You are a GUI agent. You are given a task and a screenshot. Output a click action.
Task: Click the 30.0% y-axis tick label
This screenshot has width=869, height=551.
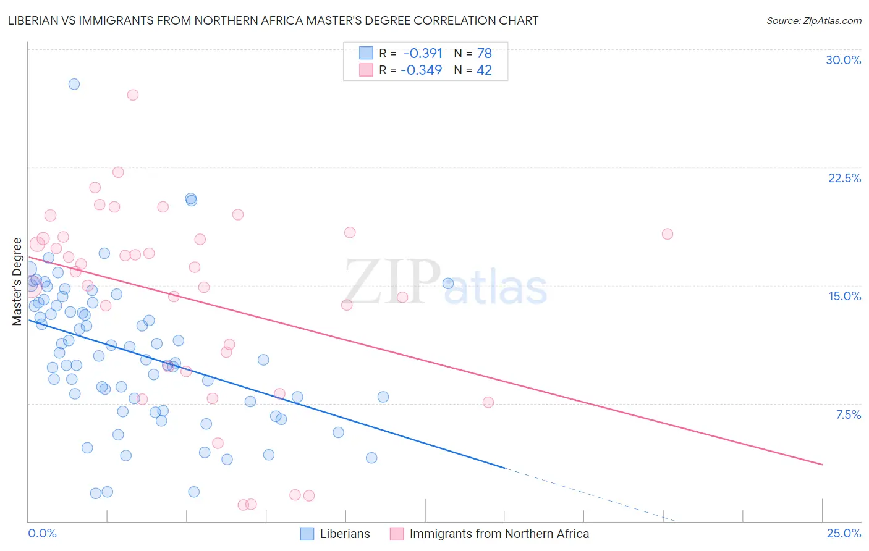click(x=843, y=60)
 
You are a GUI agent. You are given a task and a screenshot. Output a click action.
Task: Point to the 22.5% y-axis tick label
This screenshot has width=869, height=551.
click(x=844, y=178)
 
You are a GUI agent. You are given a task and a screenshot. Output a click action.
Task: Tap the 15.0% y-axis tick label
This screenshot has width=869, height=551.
click(x=844, y=296)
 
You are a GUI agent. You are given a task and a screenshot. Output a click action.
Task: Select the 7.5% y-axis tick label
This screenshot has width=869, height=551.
click(x=848, y=414)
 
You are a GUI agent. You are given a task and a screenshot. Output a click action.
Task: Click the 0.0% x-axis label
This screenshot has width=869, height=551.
click(x=42, y=533)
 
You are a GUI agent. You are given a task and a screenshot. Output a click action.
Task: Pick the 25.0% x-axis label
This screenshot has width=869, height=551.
click(x=844, y=533)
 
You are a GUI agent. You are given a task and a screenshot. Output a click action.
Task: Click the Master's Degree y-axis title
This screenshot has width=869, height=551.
click(x=17, y=281)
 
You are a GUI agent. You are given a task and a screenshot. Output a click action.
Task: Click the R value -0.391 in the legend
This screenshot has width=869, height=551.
click(x=423, y=54)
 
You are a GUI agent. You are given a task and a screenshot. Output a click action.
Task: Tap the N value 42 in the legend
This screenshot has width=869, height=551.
click(x=484, y=70)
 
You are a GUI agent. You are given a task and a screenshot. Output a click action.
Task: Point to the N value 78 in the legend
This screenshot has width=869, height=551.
click(x=484, y=54)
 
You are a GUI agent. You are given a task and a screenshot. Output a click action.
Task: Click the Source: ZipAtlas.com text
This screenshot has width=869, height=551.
click(x=813, y=21)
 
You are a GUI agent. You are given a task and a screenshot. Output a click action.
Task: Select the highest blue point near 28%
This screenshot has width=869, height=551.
click(x=74, y=84)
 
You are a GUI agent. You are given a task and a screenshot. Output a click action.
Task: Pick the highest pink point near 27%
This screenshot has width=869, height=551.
click(x=133, y=95)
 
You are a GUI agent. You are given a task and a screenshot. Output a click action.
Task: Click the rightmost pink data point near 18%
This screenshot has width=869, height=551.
click(x=668, y=234)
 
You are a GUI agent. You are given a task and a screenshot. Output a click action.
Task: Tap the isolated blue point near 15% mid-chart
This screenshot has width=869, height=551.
click(x=448, y=284)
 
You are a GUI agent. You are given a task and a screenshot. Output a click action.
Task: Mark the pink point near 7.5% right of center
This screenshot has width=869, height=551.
click(x=488, y=402)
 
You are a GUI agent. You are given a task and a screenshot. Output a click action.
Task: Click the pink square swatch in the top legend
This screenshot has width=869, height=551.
click(x=367, y=70)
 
